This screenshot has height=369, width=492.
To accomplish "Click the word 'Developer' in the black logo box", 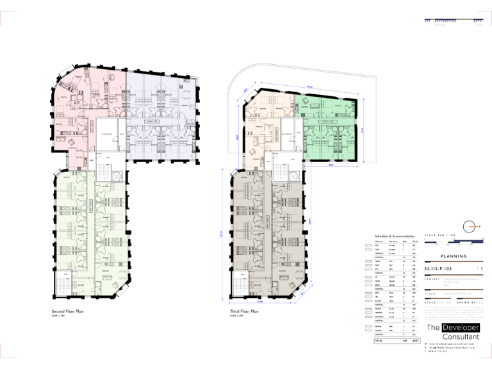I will tap(461, 327).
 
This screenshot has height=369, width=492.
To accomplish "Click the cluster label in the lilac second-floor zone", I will tap(152, 122).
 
